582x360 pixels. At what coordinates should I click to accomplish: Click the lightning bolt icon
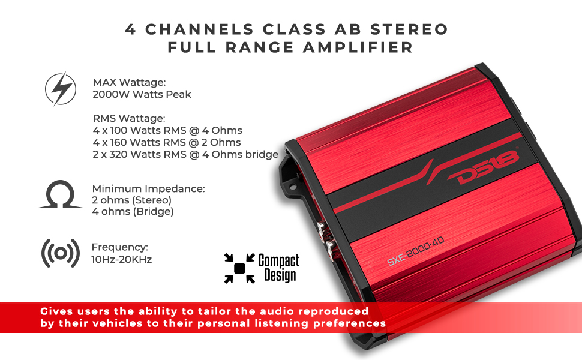pos(61,89)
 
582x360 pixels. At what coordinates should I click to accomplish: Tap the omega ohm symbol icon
pos(61,196)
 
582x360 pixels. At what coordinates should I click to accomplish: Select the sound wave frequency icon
pos(60,253)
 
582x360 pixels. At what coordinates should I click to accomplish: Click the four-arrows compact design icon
pos(239,268)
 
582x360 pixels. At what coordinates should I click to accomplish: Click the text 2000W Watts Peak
pos(142,94)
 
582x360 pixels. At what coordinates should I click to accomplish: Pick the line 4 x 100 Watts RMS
pos(167,130)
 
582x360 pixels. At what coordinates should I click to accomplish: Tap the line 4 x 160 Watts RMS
pos(167,142)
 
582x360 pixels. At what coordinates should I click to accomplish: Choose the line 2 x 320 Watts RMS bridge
pos(185,154)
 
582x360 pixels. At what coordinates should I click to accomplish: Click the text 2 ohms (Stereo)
pos(132,200)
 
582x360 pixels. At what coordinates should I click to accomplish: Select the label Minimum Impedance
pos(148,188)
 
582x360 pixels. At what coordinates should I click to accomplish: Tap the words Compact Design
pos(278,268)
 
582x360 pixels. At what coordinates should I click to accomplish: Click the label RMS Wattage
pos(129,118)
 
